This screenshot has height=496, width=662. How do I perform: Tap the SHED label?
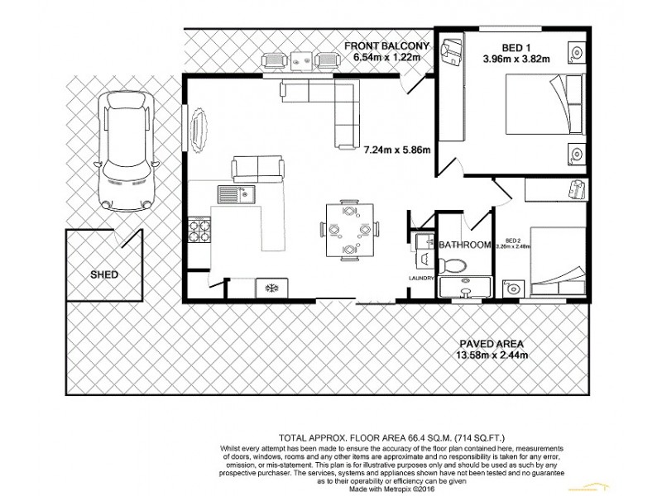pyautogui.click(x=103, y=274)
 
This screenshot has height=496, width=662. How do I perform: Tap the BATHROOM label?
pyautogui.click(x=465, y=245)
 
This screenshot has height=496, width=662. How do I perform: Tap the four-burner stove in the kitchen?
pyautogui.click(x=199, y=229)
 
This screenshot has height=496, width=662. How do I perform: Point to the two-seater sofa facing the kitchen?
pyautogui.click(x=259, y=168)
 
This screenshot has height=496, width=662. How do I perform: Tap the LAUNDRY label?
pyautogui.click(x=422, y=279)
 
